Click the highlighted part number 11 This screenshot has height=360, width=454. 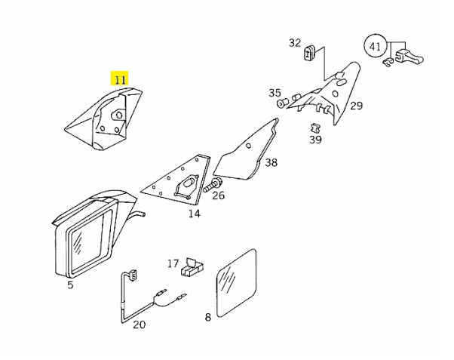[x=120, y=78]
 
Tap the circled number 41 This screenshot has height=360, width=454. [x=376, y=46]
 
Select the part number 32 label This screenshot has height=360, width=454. [x=295, y=43]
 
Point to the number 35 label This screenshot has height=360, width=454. [x=275, y=93]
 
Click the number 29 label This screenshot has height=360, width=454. [x=356, y=106]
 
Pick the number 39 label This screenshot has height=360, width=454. [x=315, y=140]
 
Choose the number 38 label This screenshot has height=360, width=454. [x=271, y=162]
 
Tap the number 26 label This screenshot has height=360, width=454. [x=218, y=195]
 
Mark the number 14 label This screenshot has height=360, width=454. [x=195, y=214]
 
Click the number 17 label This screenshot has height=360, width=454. [x=173, y=263]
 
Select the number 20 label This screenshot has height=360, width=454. [x=140, y=325]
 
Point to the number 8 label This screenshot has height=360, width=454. [x=208, y=318]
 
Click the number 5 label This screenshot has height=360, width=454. [x=70, y=285]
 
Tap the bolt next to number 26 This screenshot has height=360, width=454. [x=212, y=186]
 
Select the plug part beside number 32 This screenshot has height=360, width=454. [x=309, y=53]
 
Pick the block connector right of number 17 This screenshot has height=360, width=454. [x=192, y=268]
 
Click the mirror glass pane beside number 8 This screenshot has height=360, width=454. [x=237, y=283]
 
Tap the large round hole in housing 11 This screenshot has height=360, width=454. [x=118, y=115]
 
